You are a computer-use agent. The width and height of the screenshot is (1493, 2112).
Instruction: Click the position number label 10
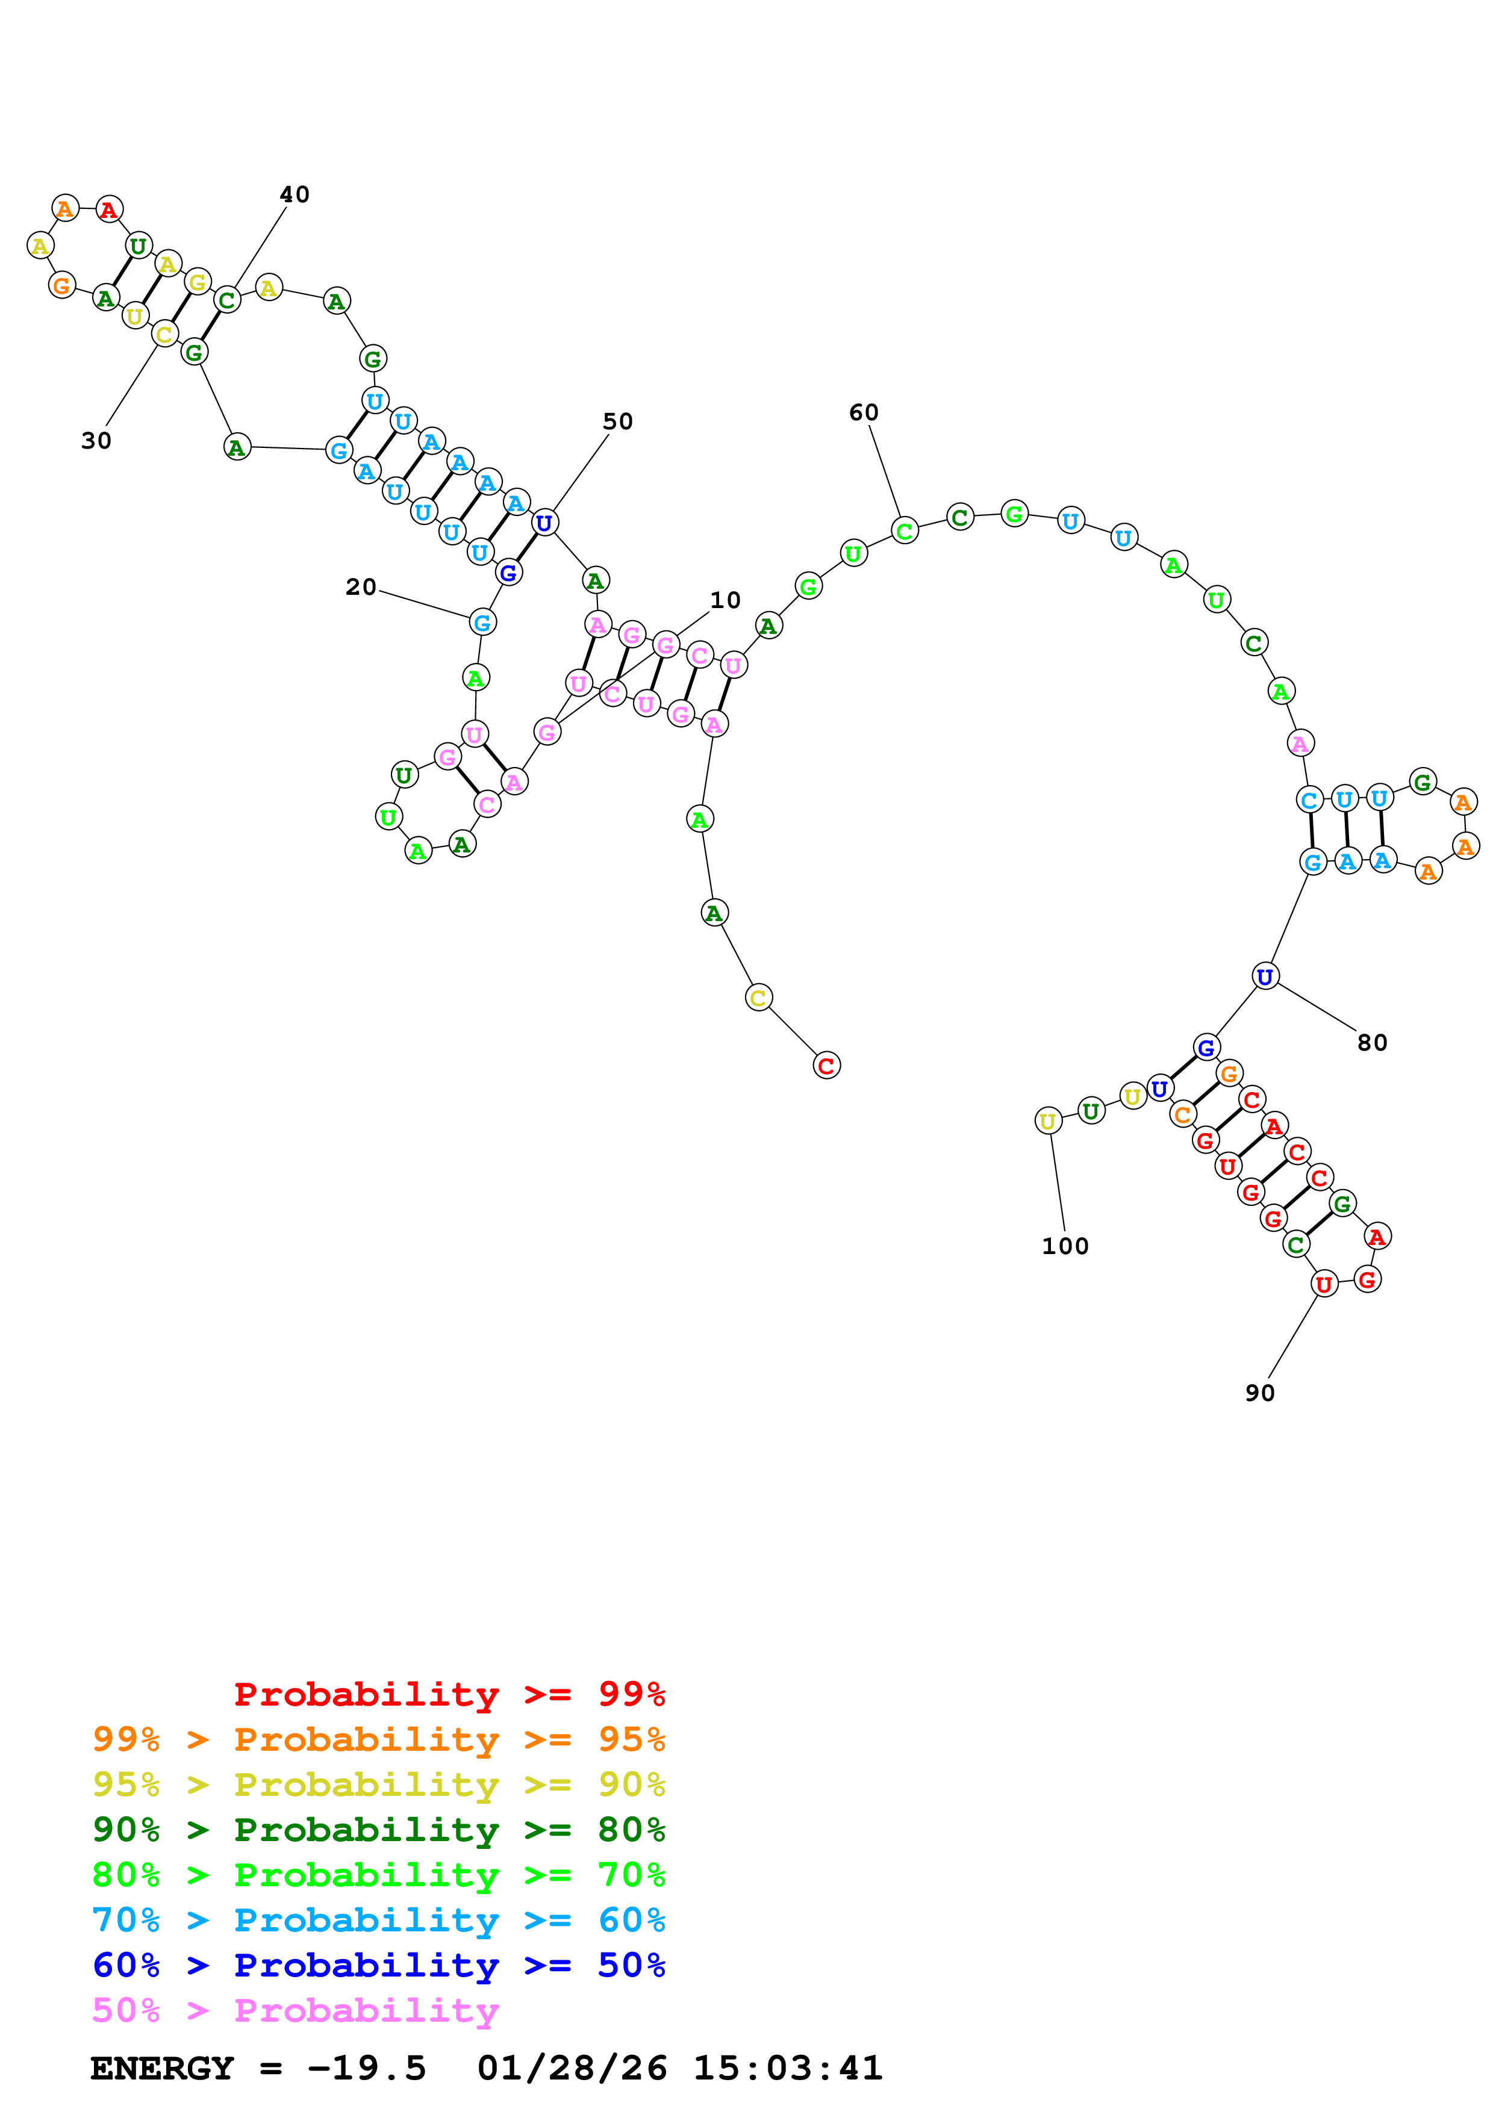pyautogui.click(x=725, y=601)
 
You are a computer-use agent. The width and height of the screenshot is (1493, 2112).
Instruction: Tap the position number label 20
pyautogui.click(x=361, y=588)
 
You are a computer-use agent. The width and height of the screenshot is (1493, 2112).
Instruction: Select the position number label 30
pyautogui.click(x=96, y=441)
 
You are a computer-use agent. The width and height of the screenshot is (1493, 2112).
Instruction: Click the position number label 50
pyautogui.click(x=617, y=422)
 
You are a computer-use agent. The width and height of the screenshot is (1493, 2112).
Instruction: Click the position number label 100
pyautogui.click(x=1064, y=1246)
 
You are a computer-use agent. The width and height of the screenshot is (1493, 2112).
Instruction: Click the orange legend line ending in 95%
pyautogui.click(x=378, y=1739)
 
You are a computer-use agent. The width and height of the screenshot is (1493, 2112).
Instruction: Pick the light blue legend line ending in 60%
pyautogui.click(x=378, y=1920)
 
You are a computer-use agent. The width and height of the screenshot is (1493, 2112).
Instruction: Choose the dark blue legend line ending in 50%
pyautogui.click(x=378, y=1965)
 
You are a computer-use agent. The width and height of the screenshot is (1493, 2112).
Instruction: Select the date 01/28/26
pyautogui.click(x=572, y=2068)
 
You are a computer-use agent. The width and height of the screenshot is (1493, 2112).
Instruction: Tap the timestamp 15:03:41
pyautogui.click(x=787, y=2068)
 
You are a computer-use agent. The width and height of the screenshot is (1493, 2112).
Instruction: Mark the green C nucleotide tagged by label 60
pyautogui.click(x=904, y=531)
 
